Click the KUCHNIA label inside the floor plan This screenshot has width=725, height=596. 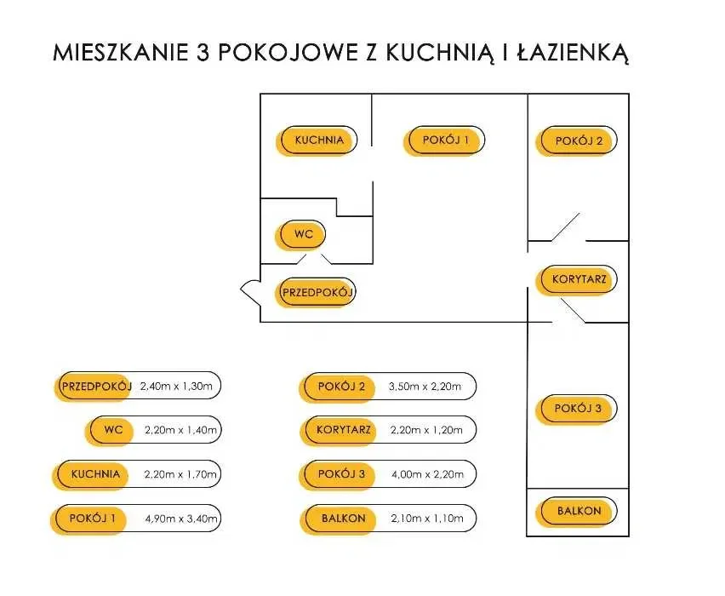coord(319,140)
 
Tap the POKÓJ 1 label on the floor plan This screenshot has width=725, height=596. coord(446,140)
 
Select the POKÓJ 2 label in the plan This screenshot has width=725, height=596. coord(579,140)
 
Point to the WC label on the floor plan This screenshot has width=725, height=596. coord(304,234)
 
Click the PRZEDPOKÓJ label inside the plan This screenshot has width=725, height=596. coord(317,292)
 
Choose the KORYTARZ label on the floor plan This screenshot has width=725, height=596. coord(579,279)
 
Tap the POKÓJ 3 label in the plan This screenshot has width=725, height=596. coord(578,408)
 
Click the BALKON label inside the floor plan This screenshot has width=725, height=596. coord(579,511)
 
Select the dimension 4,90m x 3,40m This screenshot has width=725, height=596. coord(181,519)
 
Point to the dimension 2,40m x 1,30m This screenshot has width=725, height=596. coord(176,387)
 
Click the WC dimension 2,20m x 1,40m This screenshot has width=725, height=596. coord(180,430)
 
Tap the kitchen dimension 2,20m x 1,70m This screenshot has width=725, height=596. coord(180,474)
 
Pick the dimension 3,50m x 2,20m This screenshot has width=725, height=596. coord(425,387)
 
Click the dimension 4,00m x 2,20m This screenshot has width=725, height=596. coord(428,474)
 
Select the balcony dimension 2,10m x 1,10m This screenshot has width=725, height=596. coord(427,519)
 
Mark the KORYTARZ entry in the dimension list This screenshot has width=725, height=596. coord(344,430)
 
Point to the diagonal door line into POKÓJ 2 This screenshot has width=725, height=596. coord(565,227)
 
